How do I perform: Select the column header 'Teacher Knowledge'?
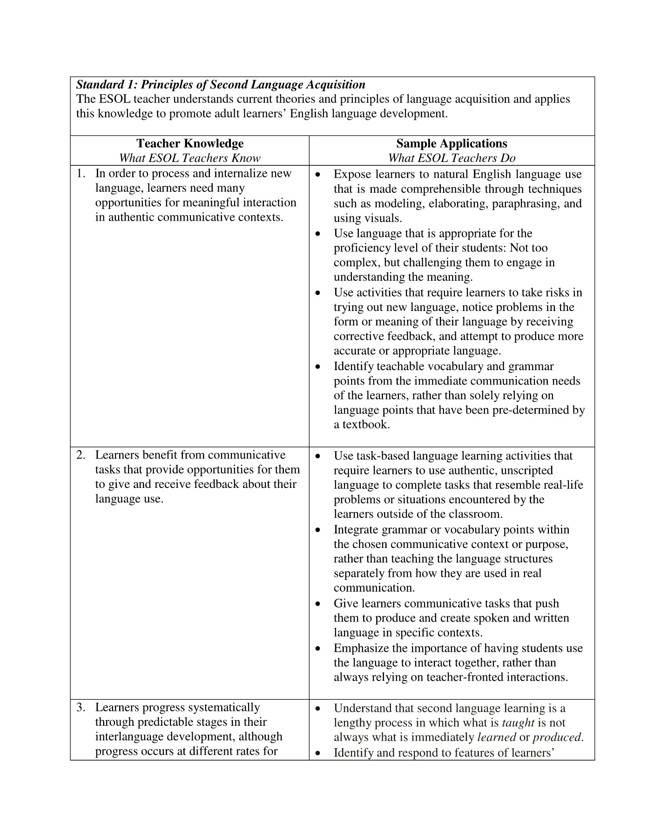pyautogui.click(x=190, y=143)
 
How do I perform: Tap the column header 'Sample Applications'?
pyautogui.click(x=452, y=143)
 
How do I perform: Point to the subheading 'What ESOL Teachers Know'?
pyautogui.click(x=190, y=158)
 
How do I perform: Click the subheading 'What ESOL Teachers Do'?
pyautogui.click(x=452, y=158)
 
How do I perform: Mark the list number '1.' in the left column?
pyautogui.click(x=81, y=174)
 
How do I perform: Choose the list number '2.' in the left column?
pyautogui.click(x=81, y=455)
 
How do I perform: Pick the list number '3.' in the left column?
pyautogui.click(x=81, y=708)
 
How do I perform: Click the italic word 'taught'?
pyautogui.click(x=518, y=723)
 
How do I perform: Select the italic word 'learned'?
pyautogui.click(x=497, y=737)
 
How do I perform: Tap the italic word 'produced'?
pyautogui.click(x=557, y=737)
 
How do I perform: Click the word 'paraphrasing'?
pyautogui.click(x=526, y=203)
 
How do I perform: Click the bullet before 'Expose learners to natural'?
pyautogui.click(x=318, y=175)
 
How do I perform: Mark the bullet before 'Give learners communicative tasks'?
pyautogui.click(x=318, y=604)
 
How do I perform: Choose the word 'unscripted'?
pyautogui.click(x=524, y=470)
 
